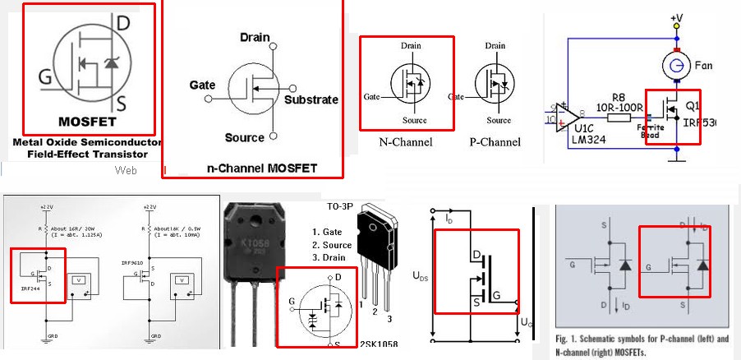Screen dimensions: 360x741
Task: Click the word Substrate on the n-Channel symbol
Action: coord(311,99)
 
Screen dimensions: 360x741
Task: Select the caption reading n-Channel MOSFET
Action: coord(251,168)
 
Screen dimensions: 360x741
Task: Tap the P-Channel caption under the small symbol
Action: coord(495,141)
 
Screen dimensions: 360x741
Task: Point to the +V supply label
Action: coord(676,17)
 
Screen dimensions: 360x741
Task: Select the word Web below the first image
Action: coord(125,170)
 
